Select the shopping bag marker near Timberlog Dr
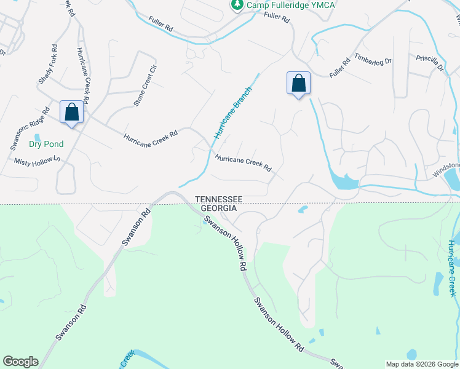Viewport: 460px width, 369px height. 298,84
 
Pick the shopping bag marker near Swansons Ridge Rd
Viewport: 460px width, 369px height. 72,113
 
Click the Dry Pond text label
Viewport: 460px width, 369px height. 46,145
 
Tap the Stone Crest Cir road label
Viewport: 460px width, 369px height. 146,85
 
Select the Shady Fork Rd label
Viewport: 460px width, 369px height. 48,64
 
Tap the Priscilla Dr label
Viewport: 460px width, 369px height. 430,63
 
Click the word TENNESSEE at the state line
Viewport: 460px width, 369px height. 220,199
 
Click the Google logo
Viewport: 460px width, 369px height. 20,362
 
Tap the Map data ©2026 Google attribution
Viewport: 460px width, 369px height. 422,364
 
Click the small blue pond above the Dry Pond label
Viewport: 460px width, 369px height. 38,136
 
